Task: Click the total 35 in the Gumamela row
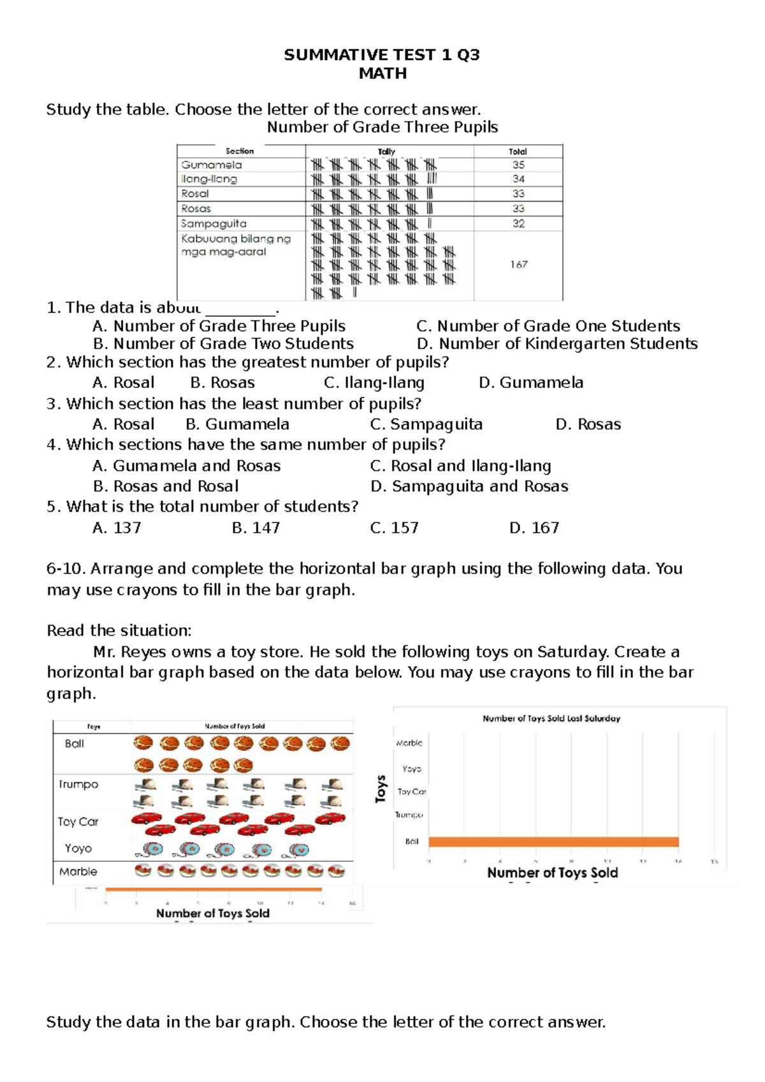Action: pos(518,165)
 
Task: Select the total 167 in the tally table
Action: pos(518,264)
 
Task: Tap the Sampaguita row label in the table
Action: pos(214,223)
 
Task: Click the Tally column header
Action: pos(386,151)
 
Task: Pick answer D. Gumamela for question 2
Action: pos(531,383)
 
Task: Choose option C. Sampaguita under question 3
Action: pos(426,424)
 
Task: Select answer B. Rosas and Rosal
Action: pos(166,486)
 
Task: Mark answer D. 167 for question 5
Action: pos(534,528)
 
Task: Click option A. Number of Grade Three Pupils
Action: pos(219,326)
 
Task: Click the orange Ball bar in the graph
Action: pos(553,841)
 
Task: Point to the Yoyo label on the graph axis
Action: pos(412,769)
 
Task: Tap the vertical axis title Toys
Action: pos(381,789)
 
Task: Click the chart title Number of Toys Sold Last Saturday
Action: pos(551,718)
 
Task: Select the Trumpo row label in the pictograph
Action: pos(78,784)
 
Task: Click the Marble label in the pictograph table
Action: pos(78,871)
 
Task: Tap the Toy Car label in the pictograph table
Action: pos(78,822)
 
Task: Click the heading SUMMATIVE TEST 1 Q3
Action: pos(382,55)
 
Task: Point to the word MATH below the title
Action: pos(382,73)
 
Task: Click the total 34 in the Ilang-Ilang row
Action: pos(518,179)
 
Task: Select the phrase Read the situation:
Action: pos(119,631)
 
